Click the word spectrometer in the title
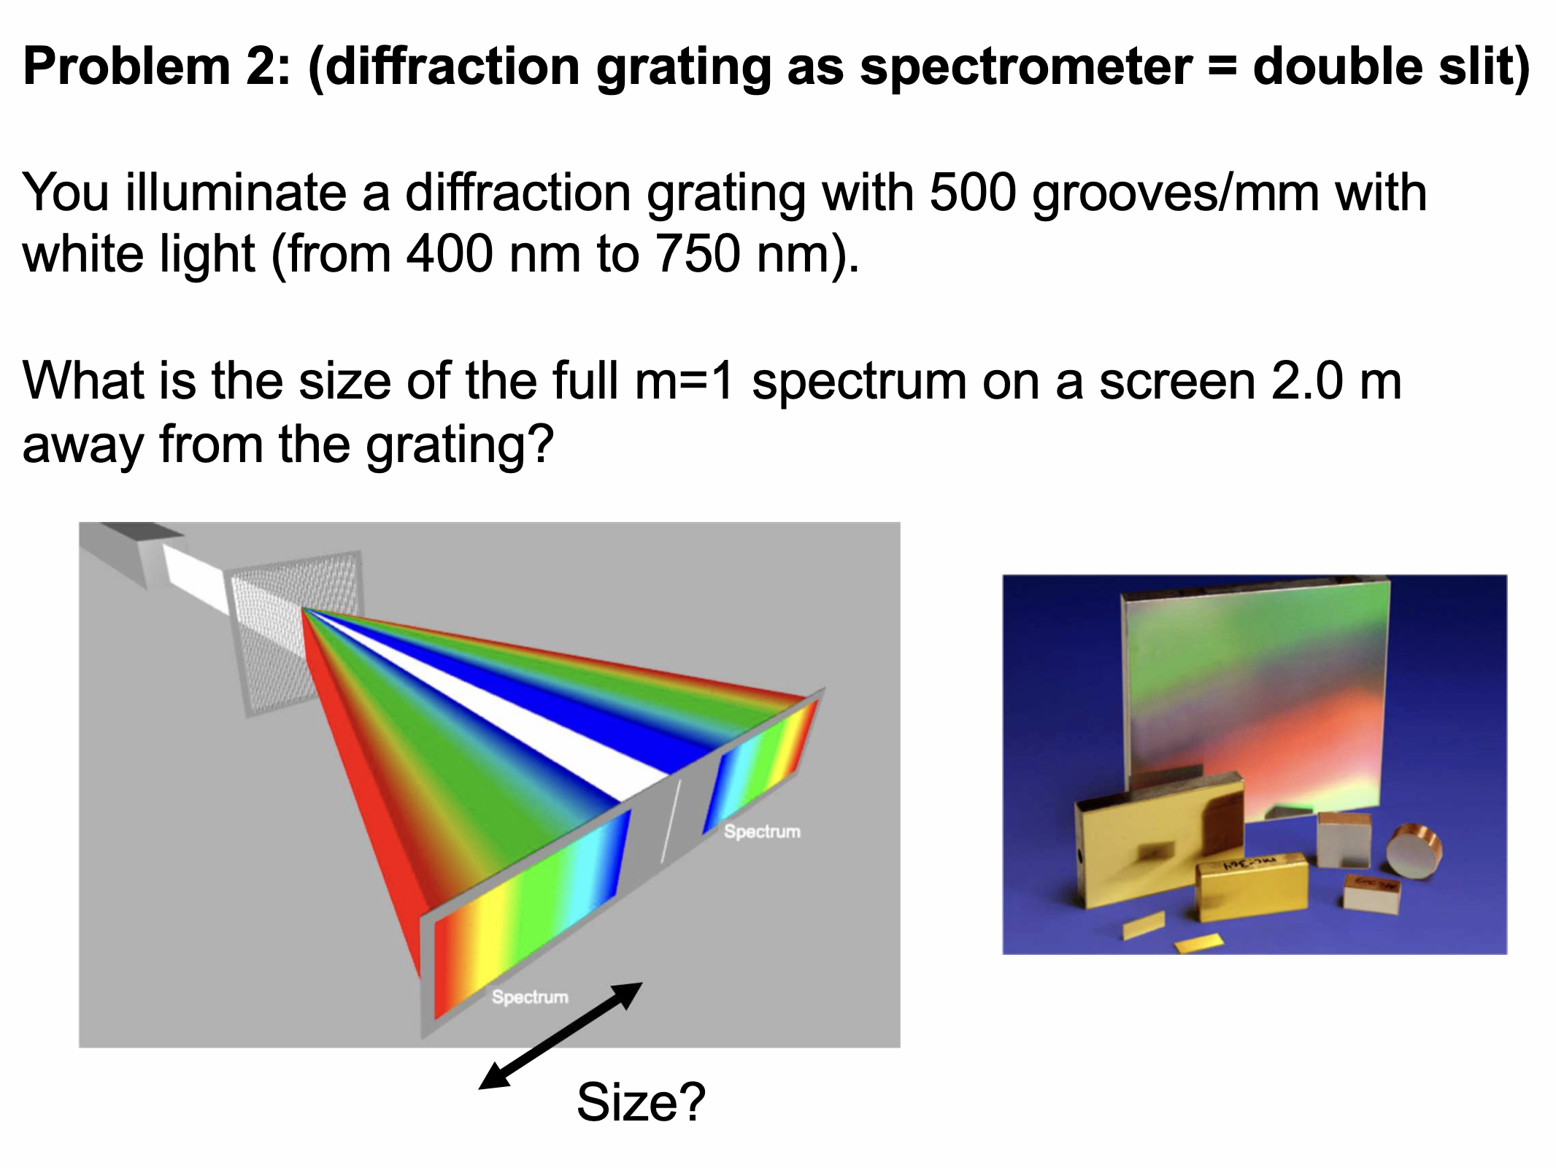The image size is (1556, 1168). [1026, 67]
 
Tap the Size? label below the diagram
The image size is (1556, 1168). [641, 1102]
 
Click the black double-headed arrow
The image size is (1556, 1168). [560, 1036]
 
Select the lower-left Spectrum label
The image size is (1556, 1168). [530, 996]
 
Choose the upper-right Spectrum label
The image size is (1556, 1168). [762, 831]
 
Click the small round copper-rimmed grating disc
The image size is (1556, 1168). [1414, 850]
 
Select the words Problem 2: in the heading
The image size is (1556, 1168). [157, 67]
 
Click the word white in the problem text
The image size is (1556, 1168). [80, 255]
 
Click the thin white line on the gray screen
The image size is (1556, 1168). [671, 821]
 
